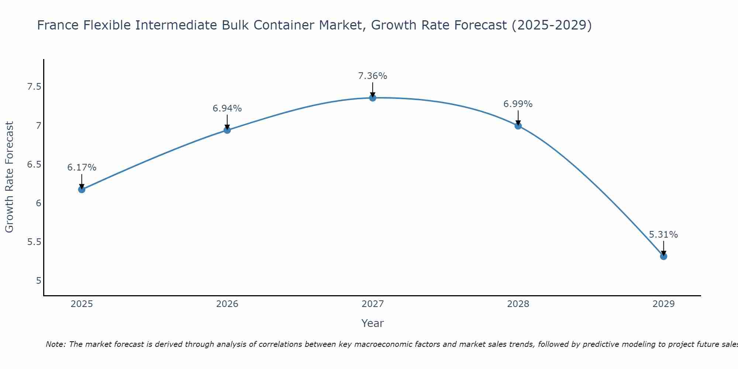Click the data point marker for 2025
(x=82, y=190)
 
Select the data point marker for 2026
(x=227, y=130)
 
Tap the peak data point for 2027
(x=373, y=98)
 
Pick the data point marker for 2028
(x=518, y=126)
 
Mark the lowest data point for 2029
(x=663, y=256)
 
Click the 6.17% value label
(x=82, y=168)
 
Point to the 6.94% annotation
(x=227, y=108)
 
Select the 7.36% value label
(x=373, y=76)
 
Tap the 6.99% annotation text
(x=518, y=104)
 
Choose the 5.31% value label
(x=663, y=235)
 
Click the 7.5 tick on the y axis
(x=34, y=87)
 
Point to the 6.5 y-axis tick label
(x=34, y=165)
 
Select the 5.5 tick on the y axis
(x=34, y=242)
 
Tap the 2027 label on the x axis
(x=373, y=304)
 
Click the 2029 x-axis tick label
(x=663, y=304)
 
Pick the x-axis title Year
(x=373, y=323)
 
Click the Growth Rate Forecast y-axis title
(x=10, y=177)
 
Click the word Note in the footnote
(x=55, y=344)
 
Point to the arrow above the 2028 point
(x=518, y=118)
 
